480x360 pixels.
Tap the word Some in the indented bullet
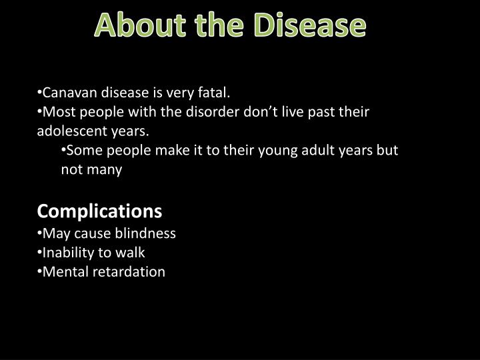[x=83, y=150]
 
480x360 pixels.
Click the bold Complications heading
[x=99, y=211]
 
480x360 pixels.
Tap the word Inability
[x=67, y=252]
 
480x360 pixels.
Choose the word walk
[x=132, y=252]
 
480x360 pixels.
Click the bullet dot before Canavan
[x=39, y=91]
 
